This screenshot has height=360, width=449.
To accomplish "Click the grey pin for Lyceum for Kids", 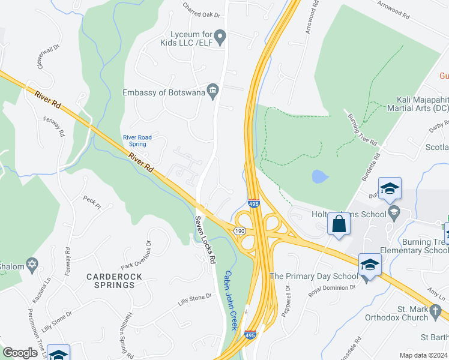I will pyautogui.click(x=220, y=39).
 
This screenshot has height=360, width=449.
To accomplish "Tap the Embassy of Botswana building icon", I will pyautogui.click(x=212, y=91).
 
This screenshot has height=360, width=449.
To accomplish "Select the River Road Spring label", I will pyautogui.click(x=137, y=140).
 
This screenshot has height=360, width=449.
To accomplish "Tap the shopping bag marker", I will pyautogui.click(x=339, y=225).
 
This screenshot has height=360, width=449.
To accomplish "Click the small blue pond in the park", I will pyautogui.click(x=319, y=176).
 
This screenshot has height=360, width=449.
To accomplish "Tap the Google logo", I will pyautogui.click(x=20, y=353).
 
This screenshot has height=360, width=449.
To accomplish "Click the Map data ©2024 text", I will pyautogui.click(x=420, y=355).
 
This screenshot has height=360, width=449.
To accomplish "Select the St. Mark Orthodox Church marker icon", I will pyautogui.click(x=436, y=310).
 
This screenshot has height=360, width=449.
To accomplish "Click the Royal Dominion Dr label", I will pyautogui.click(x=332, y=291).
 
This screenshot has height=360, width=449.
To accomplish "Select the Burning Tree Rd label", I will pyautogui.click(x=361, y=128).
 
